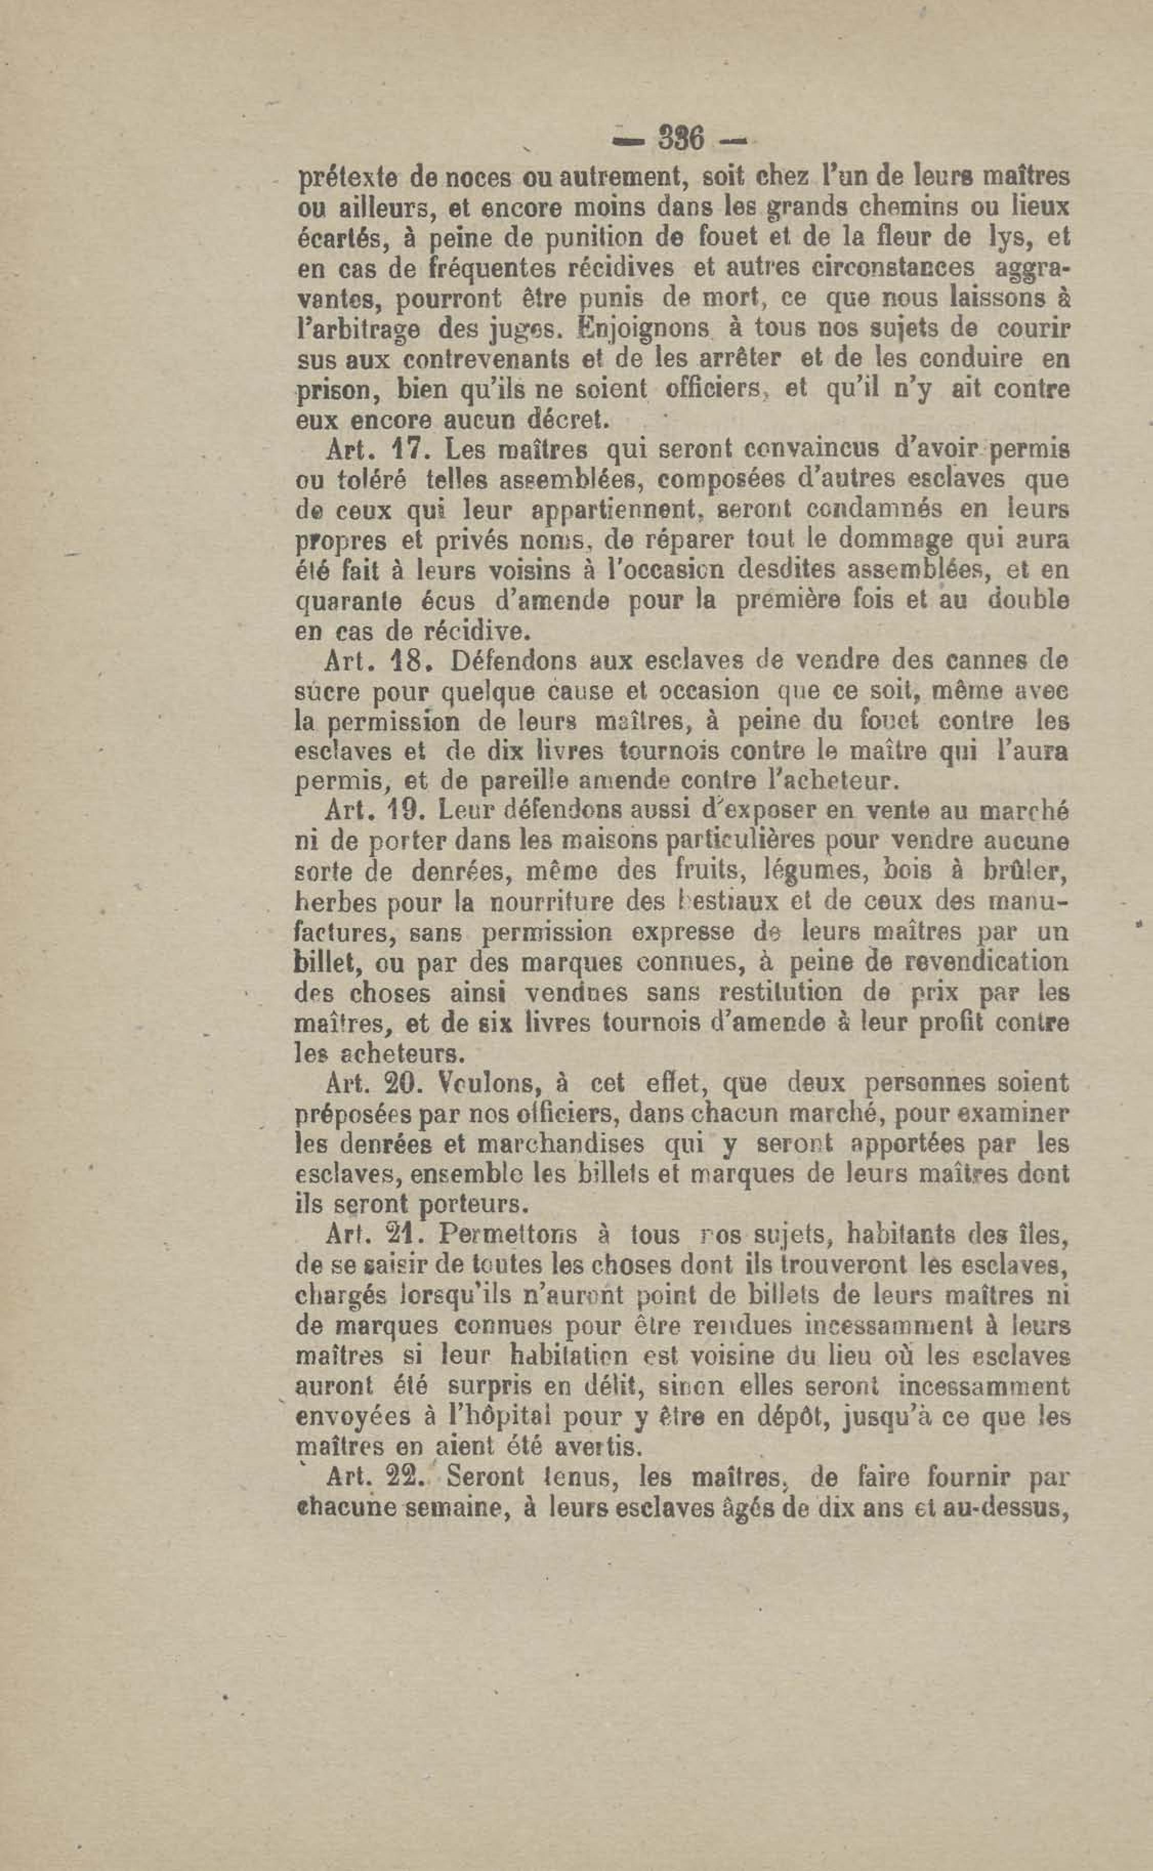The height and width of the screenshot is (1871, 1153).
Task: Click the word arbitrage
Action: tap(358, 330)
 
